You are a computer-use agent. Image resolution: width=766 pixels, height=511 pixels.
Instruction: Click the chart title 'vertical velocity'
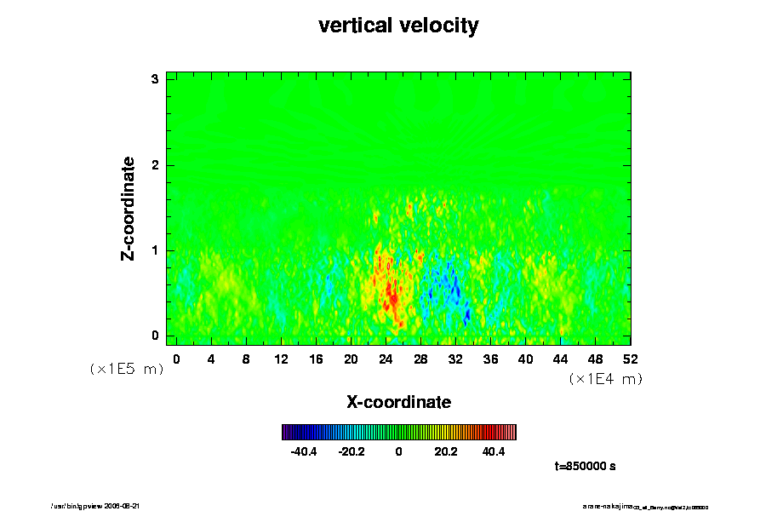tap(398, 26)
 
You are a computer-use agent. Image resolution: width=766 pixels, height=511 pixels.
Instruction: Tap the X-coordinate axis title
tap(398, 401)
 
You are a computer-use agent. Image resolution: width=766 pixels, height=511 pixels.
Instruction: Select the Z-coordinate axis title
tap(129, 208)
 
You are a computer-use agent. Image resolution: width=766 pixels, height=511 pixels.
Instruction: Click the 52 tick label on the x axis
tap(630, 359)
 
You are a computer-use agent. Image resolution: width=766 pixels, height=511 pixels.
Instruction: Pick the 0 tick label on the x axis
tap(176, 359)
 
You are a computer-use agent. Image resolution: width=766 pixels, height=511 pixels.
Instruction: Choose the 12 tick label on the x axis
tap(281, 359)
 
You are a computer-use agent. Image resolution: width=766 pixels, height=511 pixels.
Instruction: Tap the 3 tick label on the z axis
tap(156, 79)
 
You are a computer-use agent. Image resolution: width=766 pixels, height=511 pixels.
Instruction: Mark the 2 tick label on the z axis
tap(156, 164)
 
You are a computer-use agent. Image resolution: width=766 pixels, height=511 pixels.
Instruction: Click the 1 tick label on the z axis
tap(156, 250)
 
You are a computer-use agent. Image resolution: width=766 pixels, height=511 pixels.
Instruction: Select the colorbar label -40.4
tap(304, 451)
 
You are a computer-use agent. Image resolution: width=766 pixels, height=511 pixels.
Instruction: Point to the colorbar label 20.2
tap(446, 451)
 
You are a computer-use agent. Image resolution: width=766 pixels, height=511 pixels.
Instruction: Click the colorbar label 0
tap(398, 451)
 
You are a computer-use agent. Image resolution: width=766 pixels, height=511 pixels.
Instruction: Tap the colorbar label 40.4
tap(494, 451)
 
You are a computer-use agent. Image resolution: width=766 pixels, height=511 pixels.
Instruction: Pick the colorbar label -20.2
tap(352, 451)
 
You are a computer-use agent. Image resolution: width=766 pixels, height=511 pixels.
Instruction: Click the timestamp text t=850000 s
tap(585, 466)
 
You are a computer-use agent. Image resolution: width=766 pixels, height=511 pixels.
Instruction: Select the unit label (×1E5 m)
tap(127, 370)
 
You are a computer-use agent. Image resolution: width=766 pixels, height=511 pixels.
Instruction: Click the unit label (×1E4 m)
tap(605, 379)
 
